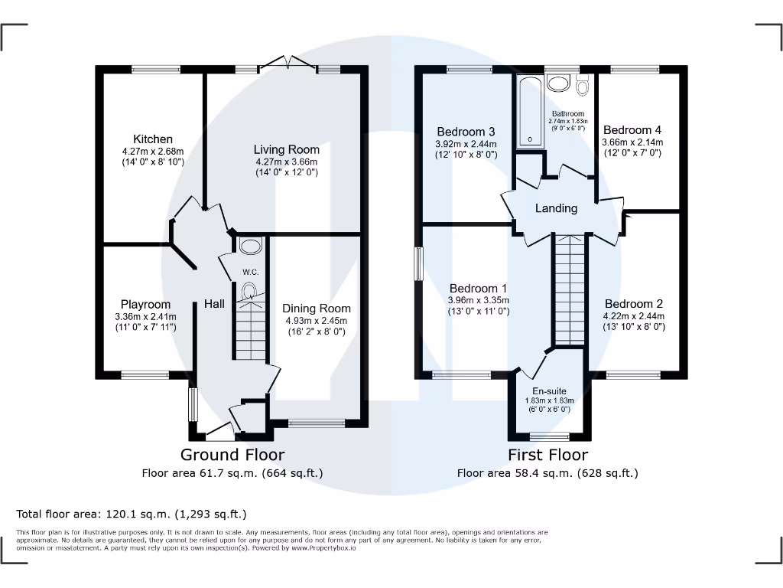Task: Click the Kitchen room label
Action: click(x=153, y=139)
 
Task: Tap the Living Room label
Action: click(x=287, y=149)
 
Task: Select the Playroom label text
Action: click(x=145, y=304)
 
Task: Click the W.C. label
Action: click(x=250, y=273)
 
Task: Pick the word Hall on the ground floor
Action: click(x=214, y=304)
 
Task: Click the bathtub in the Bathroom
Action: click(x=528, y=110)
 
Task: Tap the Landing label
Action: click(x=556, y=208)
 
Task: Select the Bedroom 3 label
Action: click(x=466, y=131)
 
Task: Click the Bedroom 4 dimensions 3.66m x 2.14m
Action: click(x=632, y=142)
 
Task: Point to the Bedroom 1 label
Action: click(x=479, y=288)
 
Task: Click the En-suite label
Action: click(x=549, y=390)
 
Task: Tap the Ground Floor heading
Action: click(x=232, y=455)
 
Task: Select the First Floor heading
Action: click(x=548, y=455)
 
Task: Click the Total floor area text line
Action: click(x=132, y=514)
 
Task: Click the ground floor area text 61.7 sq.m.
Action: click(x=232, y=473)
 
